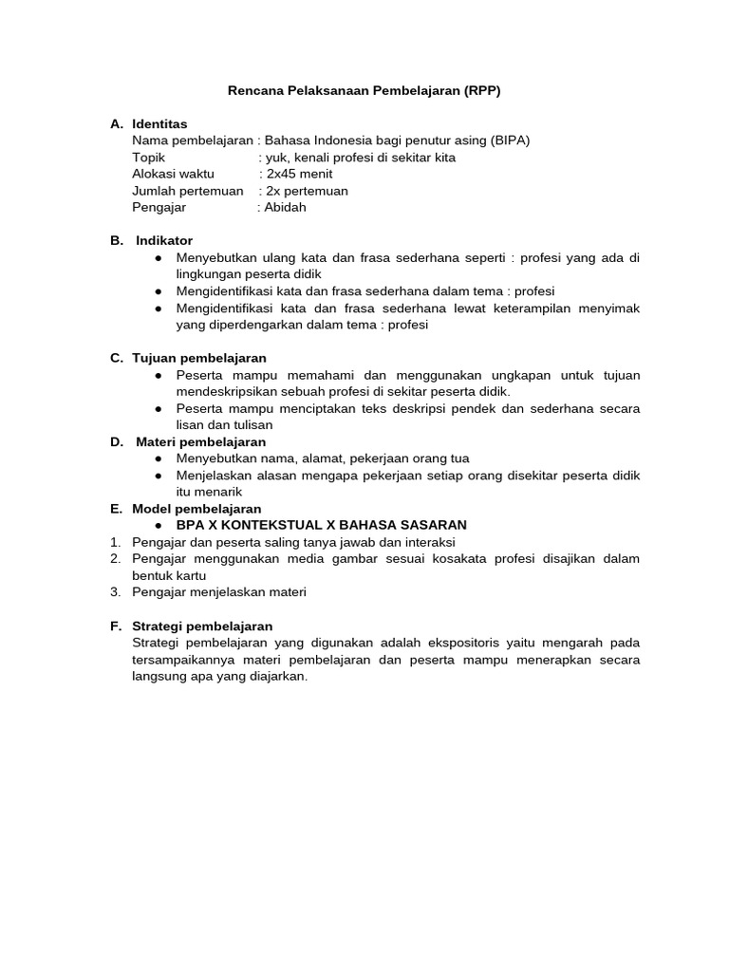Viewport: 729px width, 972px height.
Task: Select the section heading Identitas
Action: coord(159,124)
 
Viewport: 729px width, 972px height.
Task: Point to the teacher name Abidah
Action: coord(286,207)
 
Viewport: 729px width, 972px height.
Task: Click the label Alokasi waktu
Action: coord(174,174)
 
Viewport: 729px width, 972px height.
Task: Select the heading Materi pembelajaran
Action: coord(201,441)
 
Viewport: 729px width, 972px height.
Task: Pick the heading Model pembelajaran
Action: coord(196,509)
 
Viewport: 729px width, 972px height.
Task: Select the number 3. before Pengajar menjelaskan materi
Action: coord(115,592)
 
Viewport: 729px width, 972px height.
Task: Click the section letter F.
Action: coord(116,626)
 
